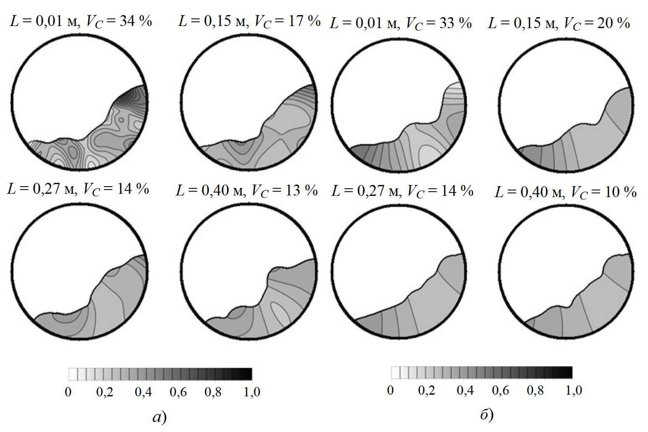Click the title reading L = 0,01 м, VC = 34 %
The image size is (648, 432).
point(81,21)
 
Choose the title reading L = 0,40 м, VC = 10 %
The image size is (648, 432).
point(565,193)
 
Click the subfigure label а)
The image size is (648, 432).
point(160,417)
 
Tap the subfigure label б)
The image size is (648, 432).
point(486,415)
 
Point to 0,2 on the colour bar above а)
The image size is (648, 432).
point(105,393)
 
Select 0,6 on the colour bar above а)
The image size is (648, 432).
point(178,393)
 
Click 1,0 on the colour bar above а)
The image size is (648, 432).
point(251,393)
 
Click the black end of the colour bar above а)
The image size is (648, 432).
point(248,374)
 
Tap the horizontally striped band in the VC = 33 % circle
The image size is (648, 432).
point(455,94)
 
